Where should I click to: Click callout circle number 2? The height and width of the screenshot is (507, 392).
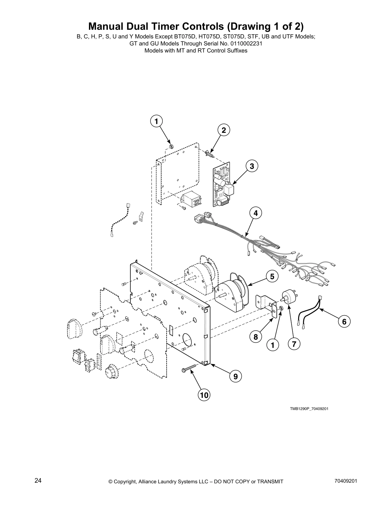[x=224, y=130]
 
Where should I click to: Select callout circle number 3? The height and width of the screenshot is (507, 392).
[x=252, y=166]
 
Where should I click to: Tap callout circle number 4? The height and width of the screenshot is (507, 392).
[x=256, y=213]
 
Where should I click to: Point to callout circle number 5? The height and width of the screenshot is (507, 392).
[x=272, y=276]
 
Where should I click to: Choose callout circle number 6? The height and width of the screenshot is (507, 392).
[x=344, y=321]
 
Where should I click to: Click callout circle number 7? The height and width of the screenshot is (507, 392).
[x=294, y=344]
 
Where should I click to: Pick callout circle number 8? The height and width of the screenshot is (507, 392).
[x=256, y=337]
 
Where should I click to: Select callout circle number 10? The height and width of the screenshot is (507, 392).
[x=204, y=395]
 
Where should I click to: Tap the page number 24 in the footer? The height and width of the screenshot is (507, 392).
[x=38, y=481]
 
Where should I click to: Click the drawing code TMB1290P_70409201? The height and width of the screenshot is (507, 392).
[x=309, y=409]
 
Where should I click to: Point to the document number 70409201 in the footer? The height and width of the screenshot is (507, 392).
[x=346, y=481]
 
